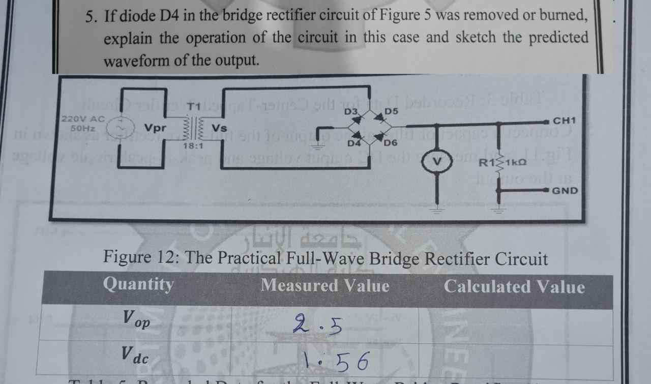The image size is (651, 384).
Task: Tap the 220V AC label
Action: click(x=82, y=119)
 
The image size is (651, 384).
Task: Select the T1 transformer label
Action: click(x=193, y=107)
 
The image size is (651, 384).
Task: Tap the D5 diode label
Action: click(x=391, y=111)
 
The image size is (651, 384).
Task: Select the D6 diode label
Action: click(x=391, y=143)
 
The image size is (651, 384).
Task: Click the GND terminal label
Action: click(x=565, y=191)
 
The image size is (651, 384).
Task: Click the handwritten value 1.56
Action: click(x=333, y=361)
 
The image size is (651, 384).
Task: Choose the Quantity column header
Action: click(x=138, y=284)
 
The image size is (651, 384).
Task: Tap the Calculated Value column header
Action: click(x=514, y=287)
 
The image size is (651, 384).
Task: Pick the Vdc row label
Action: click(x=135, y=355)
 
